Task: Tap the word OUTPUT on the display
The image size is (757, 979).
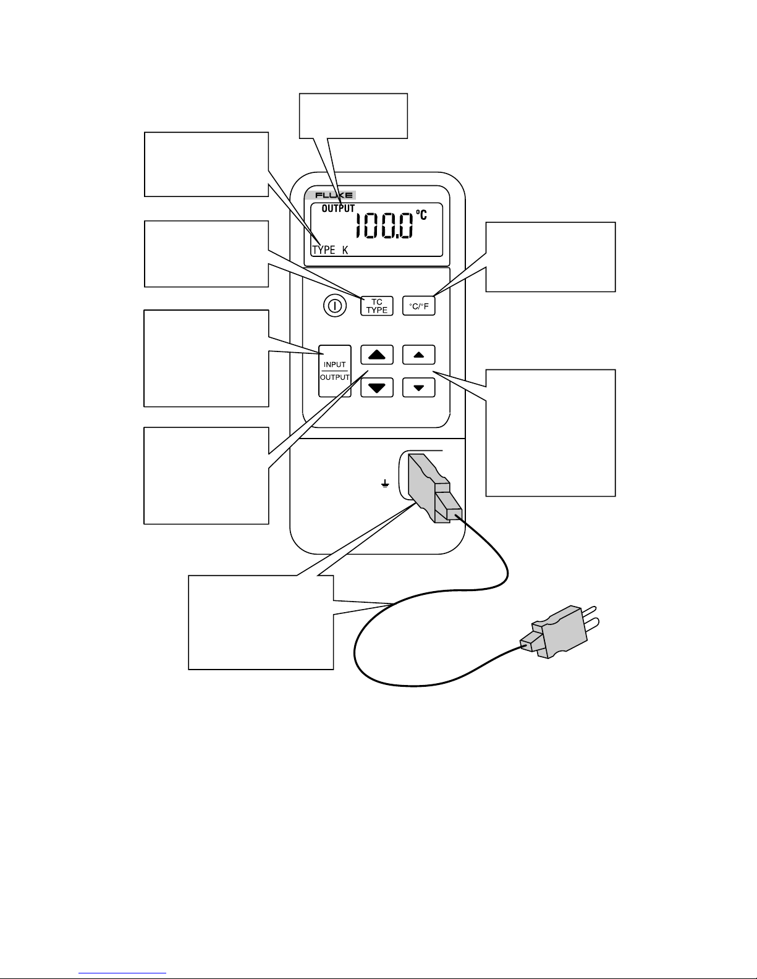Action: click(338, 209)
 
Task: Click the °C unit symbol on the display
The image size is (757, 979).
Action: click(420, 215)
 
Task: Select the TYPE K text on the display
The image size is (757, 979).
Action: click(330, 250)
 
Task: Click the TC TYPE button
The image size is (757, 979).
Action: click(376, 306)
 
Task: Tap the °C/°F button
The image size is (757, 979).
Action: click(419, 306)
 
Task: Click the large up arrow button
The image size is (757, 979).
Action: click(376, 355)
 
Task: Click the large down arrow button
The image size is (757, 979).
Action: click(376, 387)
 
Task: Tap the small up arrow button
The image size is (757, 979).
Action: click(419, 355)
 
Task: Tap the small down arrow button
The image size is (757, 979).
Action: click(419, 387)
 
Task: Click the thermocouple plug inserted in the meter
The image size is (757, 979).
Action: click(433, 489)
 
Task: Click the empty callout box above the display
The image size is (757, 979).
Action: click(353, 116)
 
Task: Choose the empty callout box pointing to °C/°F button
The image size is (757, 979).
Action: click(551, 256)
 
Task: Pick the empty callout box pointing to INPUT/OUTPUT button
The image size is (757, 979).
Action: click(206, 358)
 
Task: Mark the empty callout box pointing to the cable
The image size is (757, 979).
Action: click(261, 622)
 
